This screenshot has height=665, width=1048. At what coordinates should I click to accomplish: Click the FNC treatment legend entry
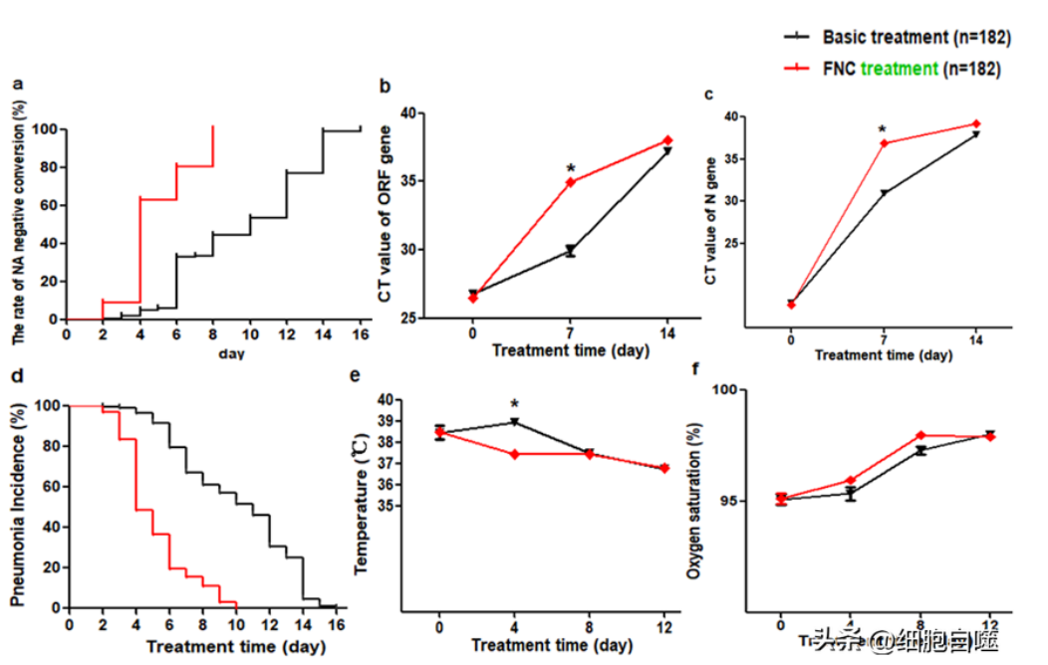[x=910, y=69]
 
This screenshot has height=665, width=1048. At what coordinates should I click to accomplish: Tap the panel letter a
[x=17, y=86]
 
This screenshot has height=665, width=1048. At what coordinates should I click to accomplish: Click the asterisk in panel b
[x=570, y=166]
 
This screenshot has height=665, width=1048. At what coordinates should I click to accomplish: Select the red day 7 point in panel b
[x=570, y=182]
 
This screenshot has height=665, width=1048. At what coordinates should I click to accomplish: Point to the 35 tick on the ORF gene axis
[x=405, y=181]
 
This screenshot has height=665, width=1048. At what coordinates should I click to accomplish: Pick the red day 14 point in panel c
[x=976, y=123]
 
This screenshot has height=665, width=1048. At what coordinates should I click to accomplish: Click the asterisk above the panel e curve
[x=514, y=404]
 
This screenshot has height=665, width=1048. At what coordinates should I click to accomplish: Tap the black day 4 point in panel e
[x=514, y=421]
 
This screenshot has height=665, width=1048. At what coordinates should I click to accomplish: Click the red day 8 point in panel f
[x=919, y=435]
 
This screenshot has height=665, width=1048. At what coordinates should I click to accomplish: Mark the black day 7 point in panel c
[x=884, y=192]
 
